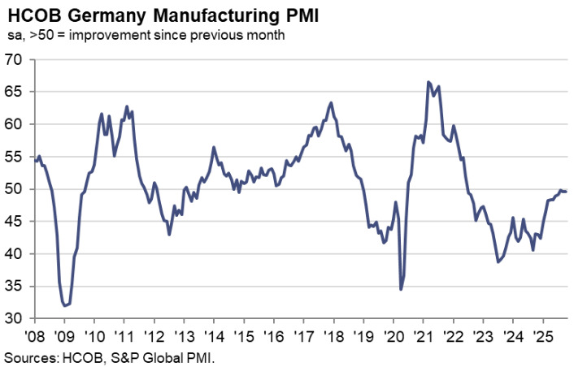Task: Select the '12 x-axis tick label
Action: click(x=154, y=335)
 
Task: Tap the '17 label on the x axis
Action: click(x=303, y=335)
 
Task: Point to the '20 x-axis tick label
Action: click(x=393, y=335)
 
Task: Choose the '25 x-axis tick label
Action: click(x=542, y=335)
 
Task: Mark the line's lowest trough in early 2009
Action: click(x=65, y=305)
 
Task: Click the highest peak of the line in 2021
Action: click(x=428, y=82)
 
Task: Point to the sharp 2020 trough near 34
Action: click(x=401, y=288)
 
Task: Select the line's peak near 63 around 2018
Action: click(x=331, y=102)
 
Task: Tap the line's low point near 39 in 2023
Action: click(x=498, y=261)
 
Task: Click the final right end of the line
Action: click(x=567, y=191)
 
